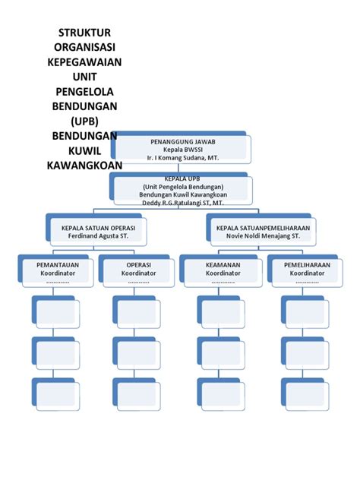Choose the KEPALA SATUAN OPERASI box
pos(93,231)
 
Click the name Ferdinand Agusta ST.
pos(93,235)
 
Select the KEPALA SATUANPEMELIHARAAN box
pos(268,231)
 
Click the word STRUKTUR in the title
pos(85,33)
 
